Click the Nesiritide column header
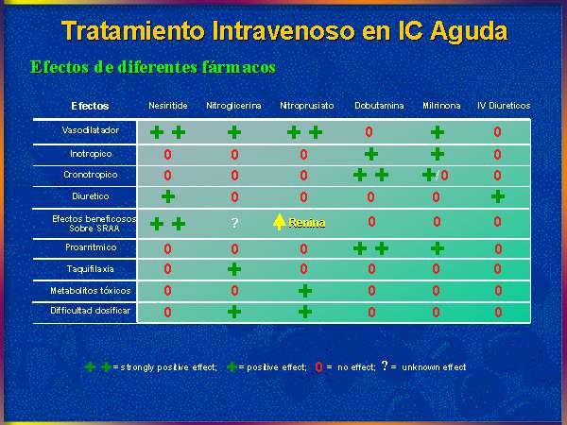[168, 106]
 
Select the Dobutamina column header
[379, 106]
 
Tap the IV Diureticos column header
[504, 106]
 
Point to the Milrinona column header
[441, 106]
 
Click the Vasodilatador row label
[91, 130]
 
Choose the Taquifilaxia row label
[91, 269]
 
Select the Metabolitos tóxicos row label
[91, 291]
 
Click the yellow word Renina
[306, 223]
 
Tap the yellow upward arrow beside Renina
[279, 222]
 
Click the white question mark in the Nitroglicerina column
[234, 223]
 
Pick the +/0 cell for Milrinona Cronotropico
[436, 176]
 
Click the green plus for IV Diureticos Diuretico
[498, 196]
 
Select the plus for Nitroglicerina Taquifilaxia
[234, 269]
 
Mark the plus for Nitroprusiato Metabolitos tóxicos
[305, 291]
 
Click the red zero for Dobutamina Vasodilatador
[369, 131]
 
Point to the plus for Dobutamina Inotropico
[371, 154]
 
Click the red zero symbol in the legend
[318, 367]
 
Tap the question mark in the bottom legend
[385, 365]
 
